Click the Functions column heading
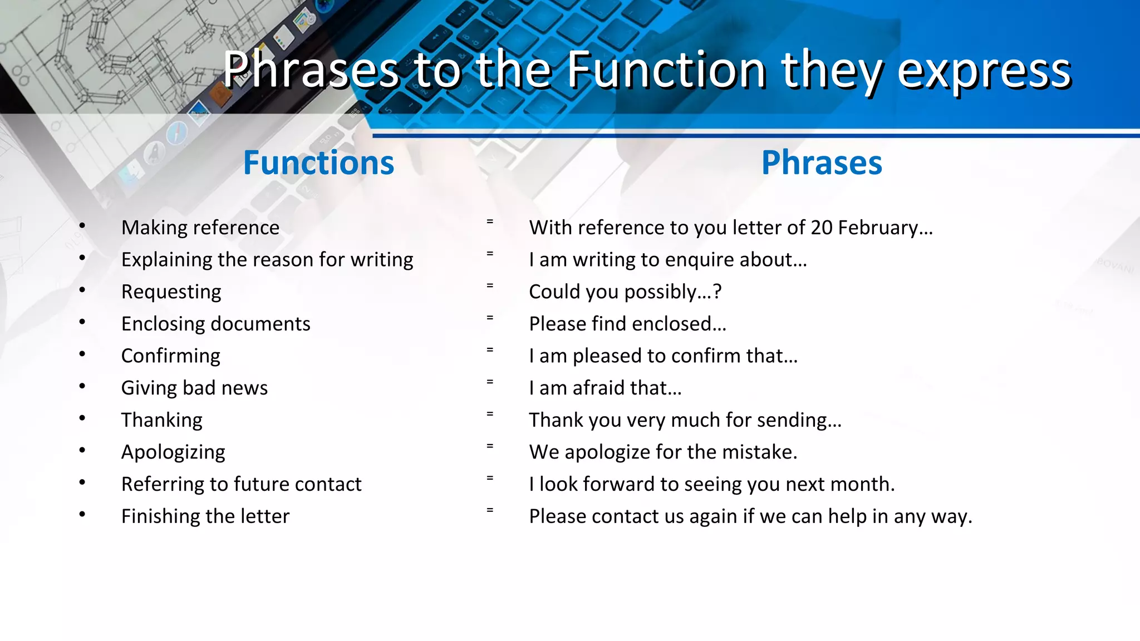coord(318,163)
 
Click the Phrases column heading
coord(822,163)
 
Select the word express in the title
coord(984,71)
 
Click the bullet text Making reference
coord(200,228)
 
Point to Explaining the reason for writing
coord(267,260)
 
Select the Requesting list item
coord(171,292)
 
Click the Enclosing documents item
coord(216,324)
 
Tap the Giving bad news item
coord(194,388)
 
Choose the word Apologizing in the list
coord(173,452)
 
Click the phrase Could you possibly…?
coord(625,292)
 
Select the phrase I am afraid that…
coord(605,388)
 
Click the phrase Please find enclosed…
coord(627,324)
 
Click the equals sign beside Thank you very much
coord(490,413)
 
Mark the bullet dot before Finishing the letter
coord(82,514)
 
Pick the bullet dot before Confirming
coord(82,354)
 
